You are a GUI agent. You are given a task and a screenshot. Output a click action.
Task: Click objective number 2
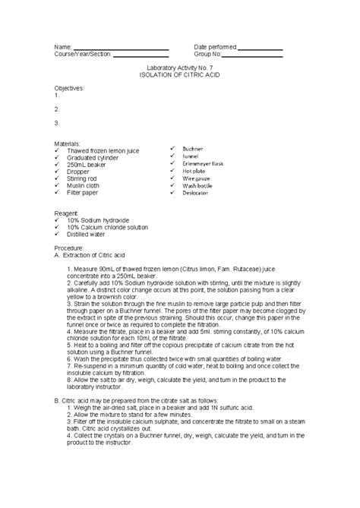[58, 109]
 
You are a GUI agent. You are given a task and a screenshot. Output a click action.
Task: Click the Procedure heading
[69, 248]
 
